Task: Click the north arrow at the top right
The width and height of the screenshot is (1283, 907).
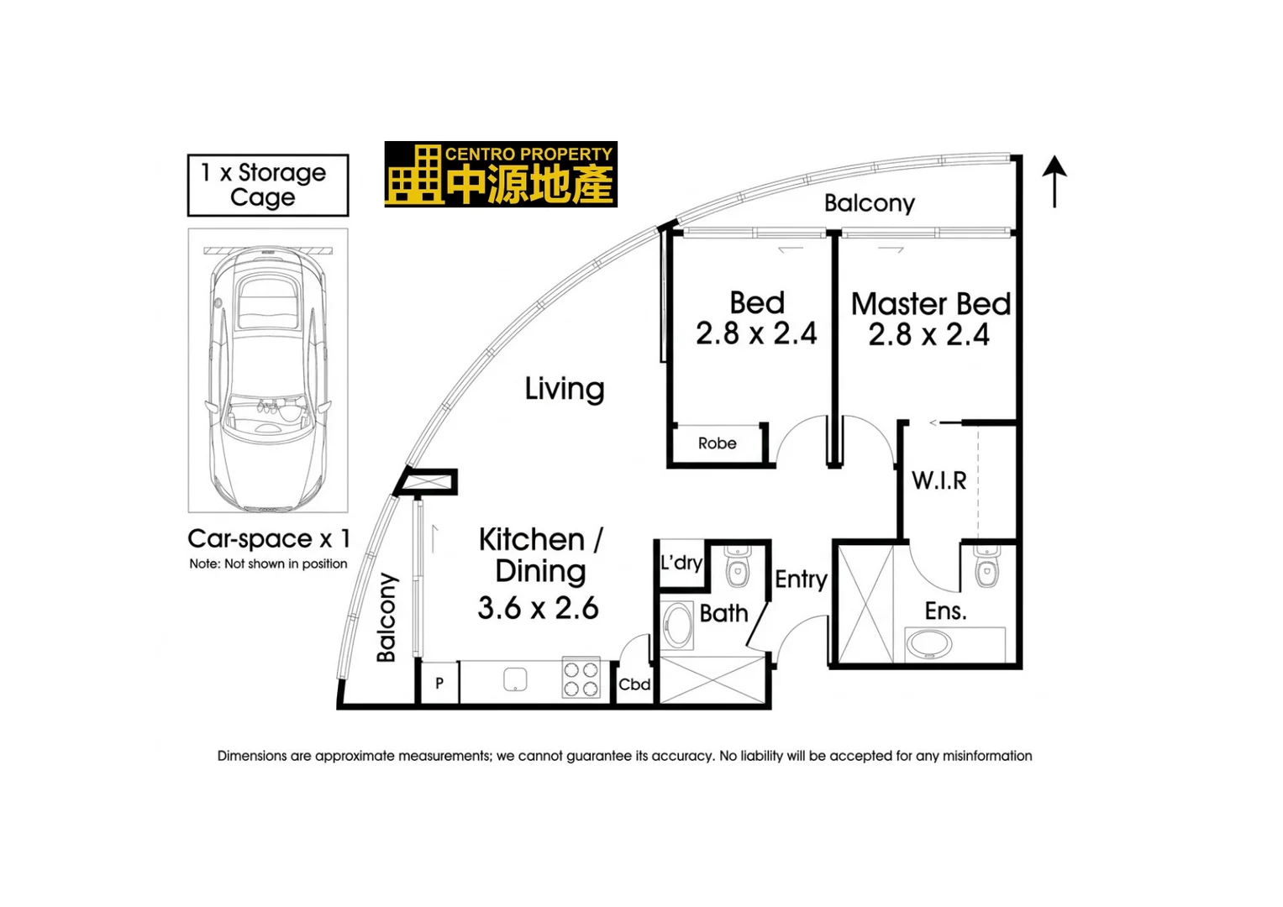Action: (x=1054, y=180)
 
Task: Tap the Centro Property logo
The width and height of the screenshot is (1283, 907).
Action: (x=501, y=174)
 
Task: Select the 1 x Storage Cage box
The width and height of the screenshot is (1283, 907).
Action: (x=267, y=185)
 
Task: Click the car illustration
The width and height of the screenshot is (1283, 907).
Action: (x=267, y=378)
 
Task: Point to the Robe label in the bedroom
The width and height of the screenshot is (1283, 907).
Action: (x=717, y=443)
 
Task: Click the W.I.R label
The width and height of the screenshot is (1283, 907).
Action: (x=939, y=480)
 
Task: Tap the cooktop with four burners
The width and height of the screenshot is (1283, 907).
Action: (x=581, y=679)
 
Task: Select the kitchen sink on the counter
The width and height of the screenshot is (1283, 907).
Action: (x=515, y=679)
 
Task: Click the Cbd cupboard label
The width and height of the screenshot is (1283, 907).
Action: (x=634, y=684)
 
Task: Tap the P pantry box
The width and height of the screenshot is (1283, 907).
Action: (x=439, y=684)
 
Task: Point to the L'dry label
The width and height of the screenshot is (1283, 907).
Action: (x=681, y=563)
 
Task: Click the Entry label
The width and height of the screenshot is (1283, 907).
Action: (x=801, y=579)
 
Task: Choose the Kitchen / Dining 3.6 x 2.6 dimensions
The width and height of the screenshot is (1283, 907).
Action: (x=538, y=607)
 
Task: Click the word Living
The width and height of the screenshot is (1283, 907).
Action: (x=565, y=389)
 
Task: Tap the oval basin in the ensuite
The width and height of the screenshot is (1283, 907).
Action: (x=928, y=646)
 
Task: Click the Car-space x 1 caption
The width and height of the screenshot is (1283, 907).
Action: (x=268, y=538)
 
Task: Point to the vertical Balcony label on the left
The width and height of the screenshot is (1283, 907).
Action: (x=386, y=617)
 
